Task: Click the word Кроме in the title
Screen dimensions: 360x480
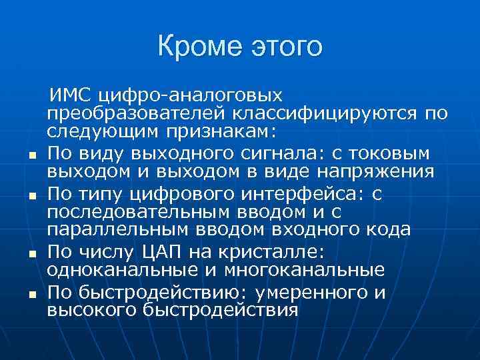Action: click(x=198, y=47)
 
